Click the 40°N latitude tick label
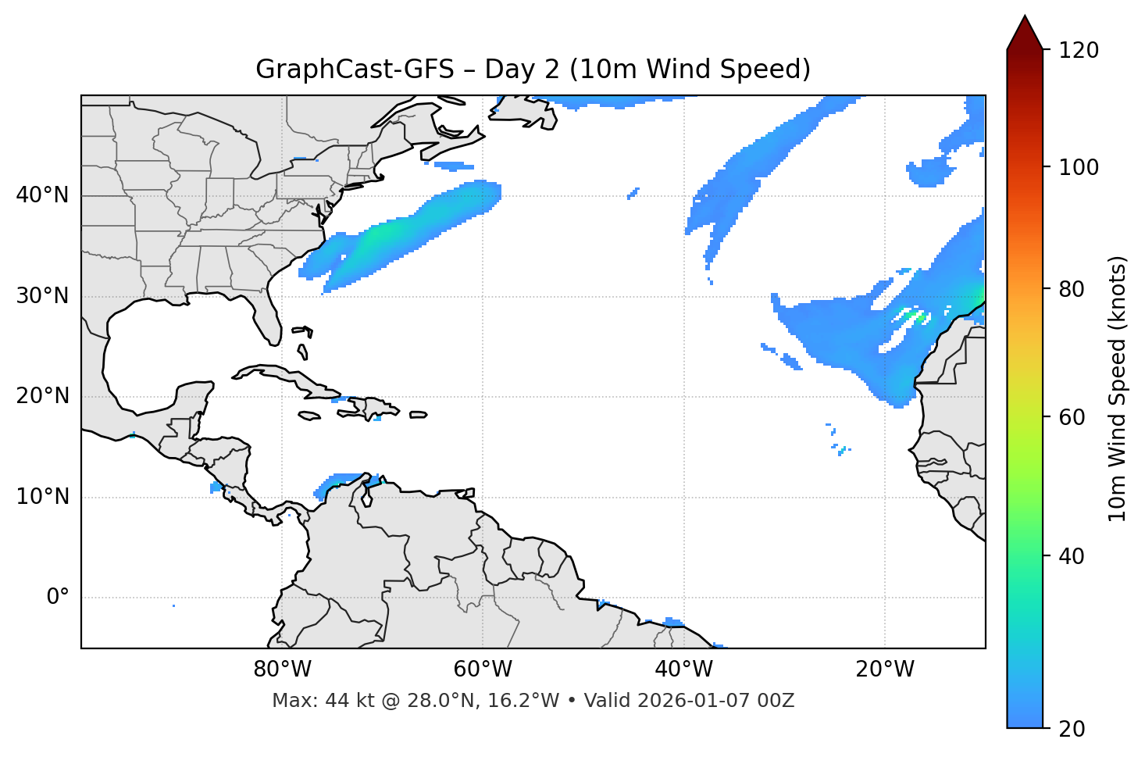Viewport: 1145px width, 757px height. coord(42,195)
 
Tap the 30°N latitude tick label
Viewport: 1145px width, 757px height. coord(42,296)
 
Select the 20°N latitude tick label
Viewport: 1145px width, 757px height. coord(42,396)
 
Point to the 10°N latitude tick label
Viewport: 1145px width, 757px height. coord(42,497)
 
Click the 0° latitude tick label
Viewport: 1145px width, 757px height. coord(58,598)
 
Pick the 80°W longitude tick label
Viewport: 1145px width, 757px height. coord(282,670)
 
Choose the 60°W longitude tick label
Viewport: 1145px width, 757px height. coord(483,670)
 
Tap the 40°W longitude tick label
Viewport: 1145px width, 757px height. coord(683,670)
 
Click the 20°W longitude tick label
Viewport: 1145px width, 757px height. coord(884,670)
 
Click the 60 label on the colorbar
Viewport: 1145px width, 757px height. coord(1074,417)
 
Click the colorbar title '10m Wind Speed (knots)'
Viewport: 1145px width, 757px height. coord(1118,389)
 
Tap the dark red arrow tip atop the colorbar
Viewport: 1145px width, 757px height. coord(1025,31)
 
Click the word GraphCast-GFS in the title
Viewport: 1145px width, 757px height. coord(355,70)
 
